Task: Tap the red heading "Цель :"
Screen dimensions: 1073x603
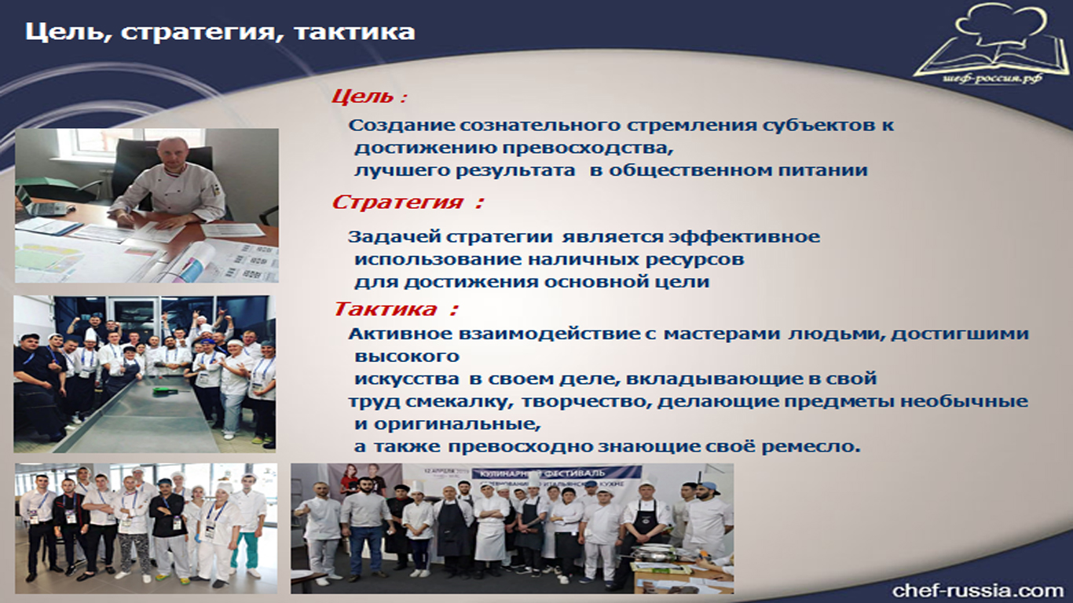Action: coord(369,97)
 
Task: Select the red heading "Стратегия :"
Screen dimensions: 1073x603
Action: coord(408,202)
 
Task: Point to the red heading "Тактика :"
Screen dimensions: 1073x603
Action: coord(396,309)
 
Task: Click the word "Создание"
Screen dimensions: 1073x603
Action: coord(401,126)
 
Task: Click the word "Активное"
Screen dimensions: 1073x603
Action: coord(400,334)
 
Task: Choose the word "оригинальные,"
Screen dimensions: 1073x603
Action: coord(457,424)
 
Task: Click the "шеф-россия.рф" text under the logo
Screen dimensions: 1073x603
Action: coord(991,79)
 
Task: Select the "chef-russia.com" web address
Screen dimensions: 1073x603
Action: coord(978,590)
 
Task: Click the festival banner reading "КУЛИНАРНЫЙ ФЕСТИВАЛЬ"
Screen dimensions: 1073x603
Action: coord(556,473)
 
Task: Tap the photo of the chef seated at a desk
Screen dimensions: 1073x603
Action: coord(147,206)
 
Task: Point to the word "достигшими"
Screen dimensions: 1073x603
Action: coord(960,334)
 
